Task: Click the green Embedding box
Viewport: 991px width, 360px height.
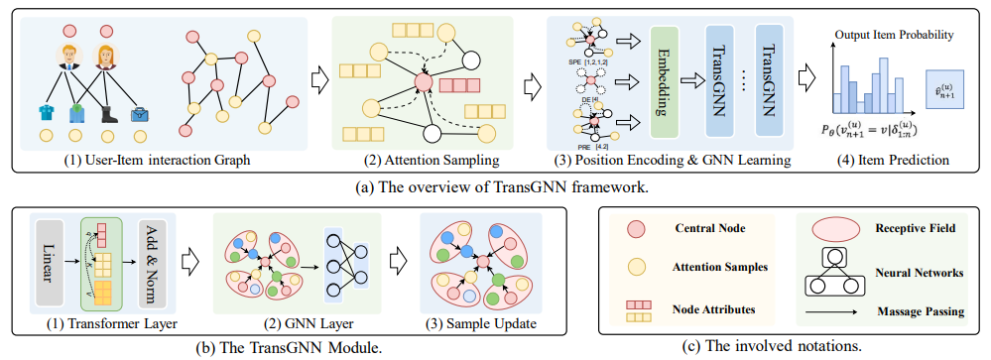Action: click(667, 81)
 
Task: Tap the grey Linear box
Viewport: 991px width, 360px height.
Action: click(48, 260)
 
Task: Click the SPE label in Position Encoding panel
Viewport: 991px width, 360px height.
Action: click(572, 61)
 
